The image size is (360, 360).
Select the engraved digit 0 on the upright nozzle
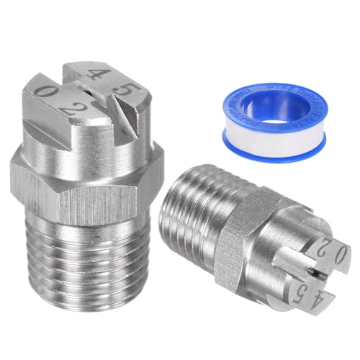tap(47, 92)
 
